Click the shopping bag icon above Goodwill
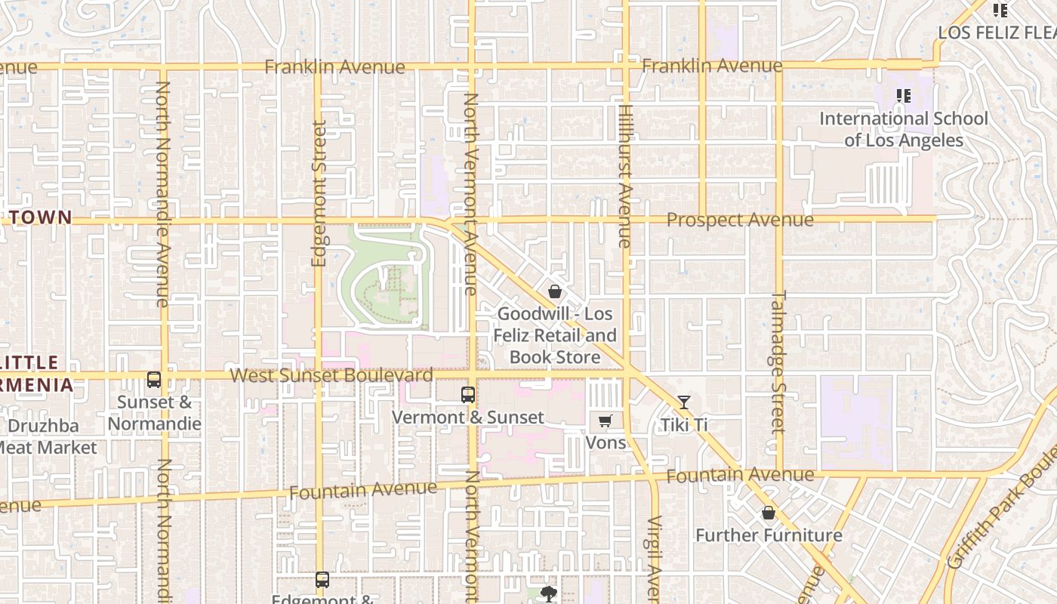coord(555,291)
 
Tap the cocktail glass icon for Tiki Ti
coord(684,402)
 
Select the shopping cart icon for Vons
coord(606,421)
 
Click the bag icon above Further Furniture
coord(769,513)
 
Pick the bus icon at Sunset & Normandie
coord(154,380)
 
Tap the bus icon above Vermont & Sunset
coord(468,394)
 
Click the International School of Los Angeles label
coord(903,129)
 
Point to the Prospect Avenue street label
coord(740,220)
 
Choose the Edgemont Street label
coord(319,194)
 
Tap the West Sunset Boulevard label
coord(331,375)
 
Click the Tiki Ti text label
coord(684,425)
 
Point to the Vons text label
coord(606,442)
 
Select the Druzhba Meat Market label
coord(45,436)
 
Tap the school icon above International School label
coord(903,96)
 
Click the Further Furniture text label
coord(769,535)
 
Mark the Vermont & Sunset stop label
coord(468,418)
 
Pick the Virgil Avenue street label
coord(654,559)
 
